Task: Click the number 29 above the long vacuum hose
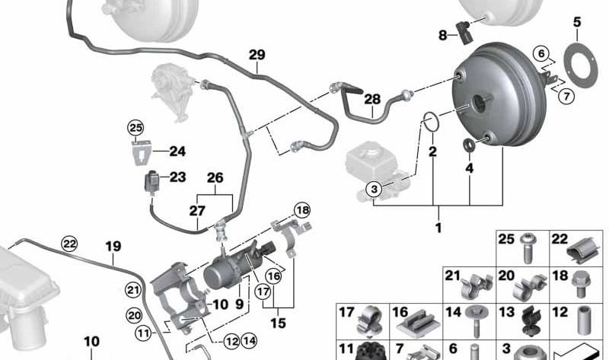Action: click(x=257, y=55)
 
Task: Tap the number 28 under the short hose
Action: click(x=371, y=100)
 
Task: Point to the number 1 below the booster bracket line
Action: click(x=438, y=228)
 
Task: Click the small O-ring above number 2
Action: click(x=430, y=121)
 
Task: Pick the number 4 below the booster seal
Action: click(x=469, y=167)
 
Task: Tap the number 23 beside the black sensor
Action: click(x=177, y=177)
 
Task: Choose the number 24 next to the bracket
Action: click(x=177, y=151)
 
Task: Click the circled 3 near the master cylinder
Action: click(x=374, y=189)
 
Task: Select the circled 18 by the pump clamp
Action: click(x=302, y=210)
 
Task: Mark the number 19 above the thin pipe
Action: click(x=113, y=247)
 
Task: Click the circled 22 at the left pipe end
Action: click(x=69, y=244)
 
